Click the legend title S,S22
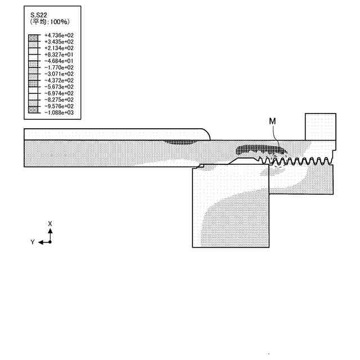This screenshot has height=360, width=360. [x=39, y=15]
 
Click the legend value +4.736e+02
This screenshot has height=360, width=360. [x=58, y=35]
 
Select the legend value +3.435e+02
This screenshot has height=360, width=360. [x=58, y=42]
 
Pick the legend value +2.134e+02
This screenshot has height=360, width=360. [x=58, y=48]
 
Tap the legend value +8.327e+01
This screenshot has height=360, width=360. [x=58, y=55]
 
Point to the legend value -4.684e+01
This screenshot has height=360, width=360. [x=58, y=61]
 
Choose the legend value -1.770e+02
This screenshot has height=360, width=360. [x=58, y=67]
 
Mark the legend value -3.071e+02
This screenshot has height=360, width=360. [x=58, y=74]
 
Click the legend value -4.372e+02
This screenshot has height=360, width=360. [x=58, y=80]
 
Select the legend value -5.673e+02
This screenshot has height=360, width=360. [x=58, y=87]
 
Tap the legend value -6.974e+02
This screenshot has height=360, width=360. [x=58, y=93]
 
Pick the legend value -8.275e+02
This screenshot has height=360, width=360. [x=58, y=100]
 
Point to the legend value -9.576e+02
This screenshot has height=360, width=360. [x=58, y=106]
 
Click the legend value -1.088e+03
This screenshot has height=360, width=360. [x=58, y=112]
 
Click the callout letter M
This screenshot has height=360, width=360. [x=272, y=121]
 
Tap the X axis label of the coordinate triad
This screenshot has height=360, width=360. [x=50, y=224]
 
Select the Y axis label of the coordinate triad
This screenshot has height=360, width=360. [x=33, y=242]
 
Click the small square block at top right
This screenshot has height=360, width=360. [x=321, y=127]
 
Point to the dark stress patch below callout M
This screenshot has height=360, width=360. [x=260, y=150]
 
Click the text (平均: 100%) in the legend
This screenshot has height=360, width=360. [x=49, y=22]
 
